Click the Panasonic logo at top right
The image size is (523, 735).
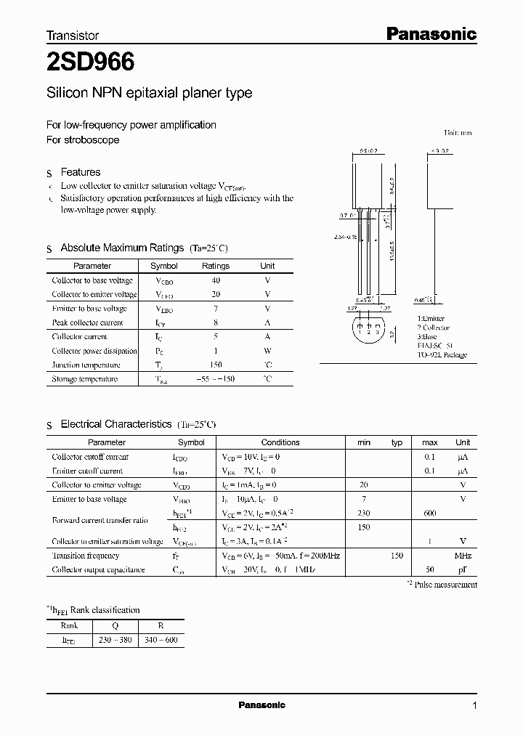(x=429, y=33)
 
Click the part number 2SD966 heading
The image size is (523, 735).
(x=90, y=63)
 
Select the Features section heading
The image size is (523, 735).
(x=80, y=172)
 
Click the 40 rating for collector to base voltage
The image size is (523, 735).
(x=215, y=280)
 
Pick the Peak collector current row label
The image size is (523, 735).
(x=88, y=322)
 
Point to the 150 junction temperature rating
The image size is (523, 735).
(x=215, y=365)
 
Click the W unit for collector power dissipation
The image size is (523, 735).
(x=267, y=351)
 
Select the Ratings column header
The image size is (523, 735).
(x=215, y=266)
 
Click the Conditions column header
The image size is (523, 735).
(x=280, y=442)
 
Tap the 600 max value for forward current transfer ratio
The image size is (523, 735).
(x=430, y=513)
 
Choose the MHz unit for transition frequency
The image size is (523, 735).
(x=463, y=556)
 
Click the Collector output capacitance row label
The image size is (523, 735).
(x=98, y=570)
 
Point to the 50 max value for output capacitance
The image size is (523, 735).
(x=430, y=570)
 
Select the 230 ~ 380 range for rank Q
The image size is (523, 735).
(x=115, y=640)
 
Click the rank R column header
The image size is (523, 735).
(x=161, y=625)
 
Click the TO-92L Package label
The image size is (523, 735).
(x=442, y=355)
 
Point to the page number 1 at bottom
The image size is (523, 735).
(x=474, y=705)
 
